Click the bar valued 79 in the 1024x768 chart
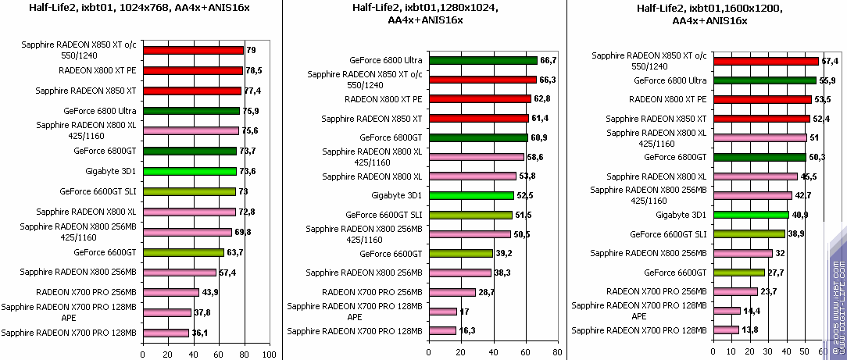tap(193, 51)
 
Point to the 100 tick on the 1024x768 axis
tap(270, 354)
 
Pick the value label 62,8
tap(541, 98)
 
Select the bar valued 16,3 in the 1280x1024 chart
tap(441, 330)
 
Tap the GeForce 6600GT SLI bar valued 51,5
tap(470, 215)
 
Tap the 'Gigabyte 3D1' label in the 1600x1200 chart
tap(681, 215)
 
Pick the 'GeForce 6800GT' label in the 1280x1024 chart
tap(391, 137)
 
